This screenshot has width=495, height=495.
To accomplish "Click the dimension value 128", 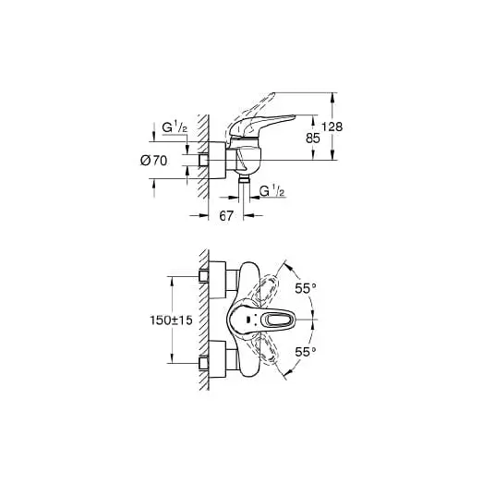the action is tap(332, 127).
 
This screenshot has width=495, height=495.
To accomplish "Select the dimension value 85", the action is tap(313, 139).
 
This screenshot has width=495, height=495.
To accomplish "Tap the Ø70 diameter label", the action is tap(153, 161).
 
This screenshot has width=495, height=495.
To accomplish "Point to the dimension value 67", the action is tap(226, 216).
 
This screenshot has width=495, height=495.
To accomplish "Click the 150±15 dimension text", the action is tap(171, 320).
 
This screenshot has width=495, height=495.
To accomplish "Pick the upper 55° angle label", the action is tap(306, 288).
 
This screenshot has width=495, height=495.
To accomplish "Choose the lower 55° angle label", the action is tap(306, 352).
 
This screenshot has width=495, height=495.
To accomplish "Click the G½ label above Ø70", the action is tap(175, 127).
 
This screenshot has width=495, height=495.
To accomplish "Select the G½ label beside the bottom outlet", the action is tap(272, 190).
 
